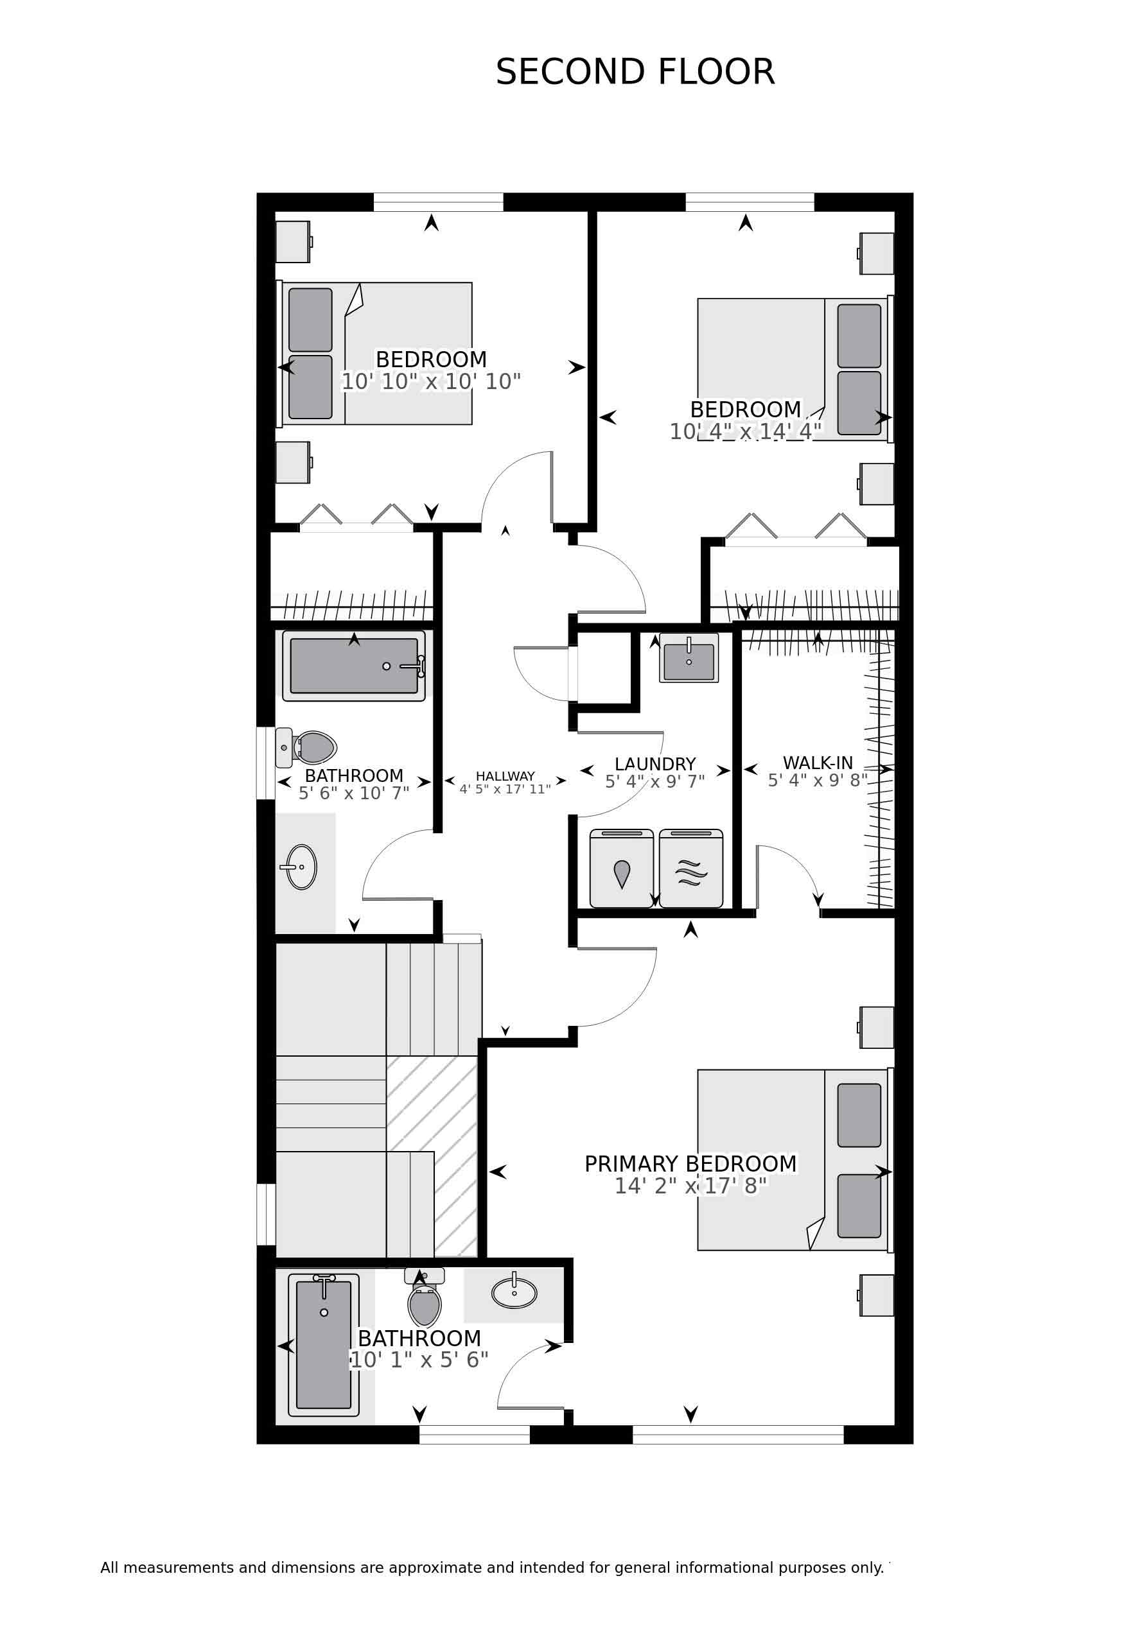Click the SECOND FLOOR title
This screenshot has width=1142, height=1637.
click(635, 73)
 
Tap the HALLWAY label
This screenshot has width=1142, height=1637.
click(505, 775)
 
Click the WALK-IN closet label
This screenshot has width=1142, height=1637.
click(818, 763)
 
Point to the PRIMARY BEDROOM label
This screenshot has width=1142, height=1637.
click(690, 1164)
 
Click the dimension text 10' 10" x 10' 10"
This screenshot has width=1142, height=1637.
click(431, 381)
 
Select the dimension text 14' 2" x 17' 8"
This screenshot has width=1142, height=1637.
click(690, 1185)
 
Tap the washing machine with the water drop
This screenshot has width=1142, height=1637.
click(621, 869)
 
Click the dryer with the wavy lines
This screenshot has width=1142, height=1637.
click(690, 869)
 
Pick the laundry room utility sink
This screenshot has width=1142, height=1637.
click(689, 657)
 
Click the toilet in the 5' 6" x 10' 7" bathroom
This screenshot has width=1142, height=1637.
click(306, 747)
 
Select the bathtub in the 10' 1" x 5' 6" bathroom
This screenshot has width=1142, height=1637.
click(324, 1345)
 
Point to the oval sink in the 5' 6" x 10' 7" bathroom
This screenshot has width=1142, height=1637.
click(301, 867)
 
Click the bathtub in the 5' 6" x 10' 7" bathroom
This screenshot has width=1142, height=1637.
click(354, 666)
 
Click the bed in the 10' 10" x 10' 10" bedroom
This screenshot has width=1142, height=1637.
click(374, 354)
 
